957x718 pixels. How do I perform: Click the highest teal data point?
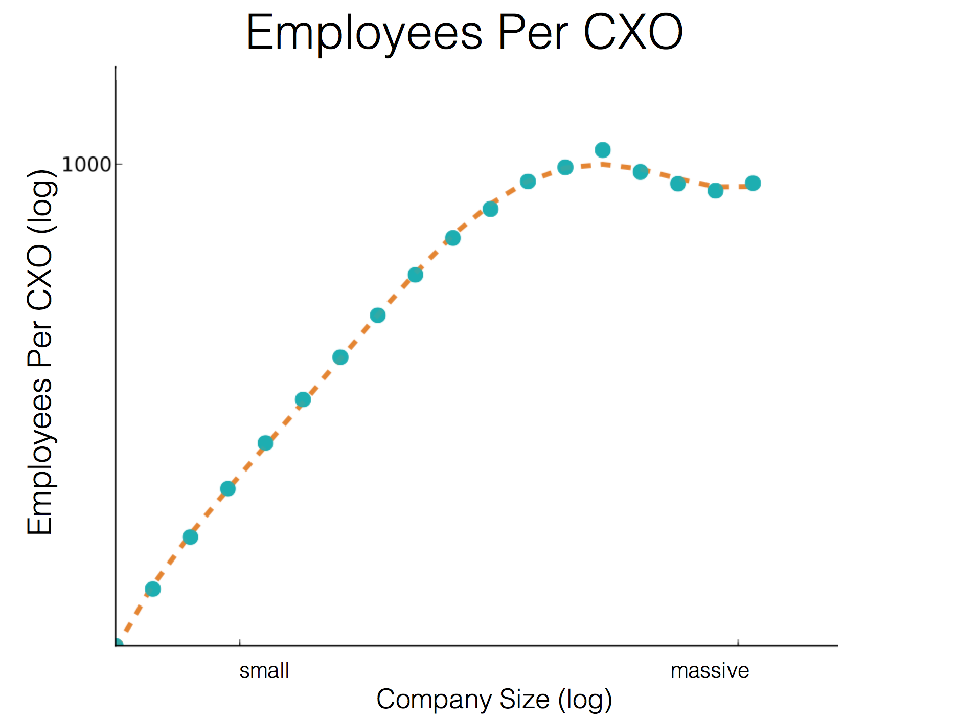pos(603,150)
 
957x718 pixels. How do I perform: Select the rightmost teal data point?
pos(753,183)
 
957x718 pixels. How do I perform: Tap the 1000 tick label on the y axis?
pos(86,165)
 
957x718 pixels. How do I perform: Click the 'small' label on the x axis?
pos(264,670)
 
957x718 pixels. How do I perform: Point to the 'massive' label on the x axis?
pos(710,670)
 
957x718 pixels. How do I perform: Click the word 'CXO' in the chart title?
pos(633,33)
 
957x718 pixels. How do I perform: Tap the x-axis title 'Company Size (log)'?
pos(494,700)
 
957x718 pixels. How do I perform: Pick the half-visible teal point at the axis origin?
pos(118,644)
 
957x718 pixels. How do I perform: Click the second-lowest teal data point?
pos(153,589)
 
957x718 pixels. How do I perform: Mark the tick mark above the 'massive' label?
pos(738,642)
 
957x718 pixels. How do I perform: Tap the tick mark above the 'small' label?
pos(240,642)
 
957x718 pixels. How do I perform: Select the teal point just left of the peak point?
pos(565,167)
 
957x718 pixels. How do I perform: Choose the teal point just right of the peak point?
pos(640,172)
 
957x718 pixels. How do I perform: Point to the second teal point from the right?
pos(715,191)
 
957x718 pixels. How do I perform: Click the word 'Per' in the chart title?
pos(533,33)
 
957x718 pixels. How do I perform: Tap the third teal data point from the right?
pos(678,184)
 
